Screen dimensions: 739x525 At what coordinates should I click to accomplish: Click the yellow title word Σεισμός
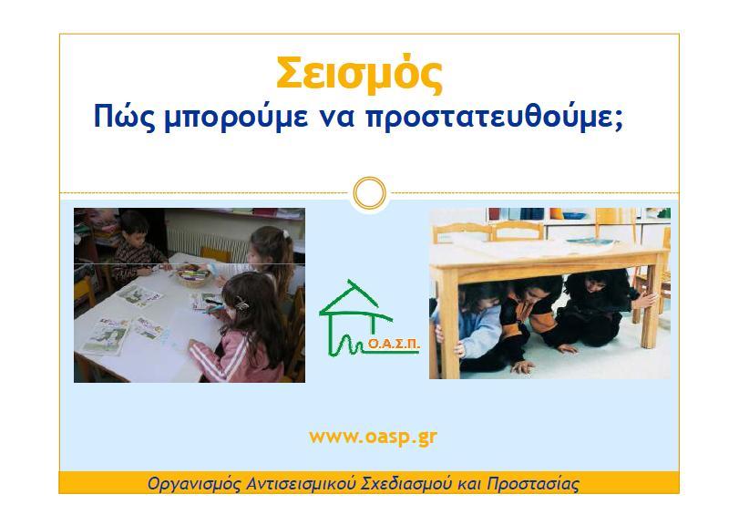click(x=359, y=74)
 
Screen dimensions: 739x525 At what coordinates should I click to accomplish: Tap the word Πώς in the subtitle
click(x=124, y=117)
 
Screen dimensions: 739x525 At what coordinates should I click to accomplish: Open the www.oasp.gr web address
click(x=373, y=437)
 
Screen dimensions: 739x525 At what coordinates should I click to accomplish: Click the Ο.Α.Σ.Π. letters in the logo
click(x=394, y=345)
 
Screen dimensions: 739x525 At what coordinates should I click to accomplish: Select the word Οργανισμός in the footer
click(x=194, y=484)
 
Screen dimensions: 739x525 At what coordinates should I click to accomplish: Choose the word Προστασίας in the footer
click(x=532, y=484)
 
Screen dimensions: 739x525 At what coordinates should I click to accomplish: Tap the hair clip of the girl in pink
click(x=242, y=304)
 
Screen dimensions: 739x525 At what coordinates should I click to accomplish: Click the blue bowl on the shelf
click(x=574, y=215)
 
